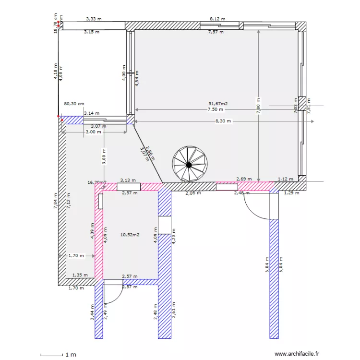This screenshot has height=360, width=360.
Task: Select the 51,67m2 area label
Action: point(218,103)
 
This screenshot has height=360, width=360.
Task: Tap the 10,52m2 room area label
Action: point(130,235)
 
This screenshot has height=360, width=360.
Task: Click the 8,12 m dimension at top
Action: point(217,19)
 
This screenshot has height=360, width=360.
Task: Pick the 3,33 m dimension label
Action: point(94,19)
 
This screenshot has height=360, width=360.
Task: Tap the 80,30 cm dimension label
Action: point(74,103)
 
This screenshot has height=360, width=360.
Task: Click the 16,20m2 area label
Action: point(96,182)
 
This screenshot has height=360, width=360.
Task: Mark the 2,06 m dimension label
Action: point(193,193)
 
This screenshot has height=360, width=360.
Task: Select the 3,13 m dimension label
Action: point(128,180)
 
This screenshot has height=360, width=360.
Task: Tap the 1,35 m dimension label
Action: point(80,275)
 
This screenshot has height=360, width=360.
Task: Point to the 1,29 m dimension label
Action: point(291,193)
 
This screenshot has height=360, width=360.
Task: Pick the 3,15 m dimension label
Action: point(91,32)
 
